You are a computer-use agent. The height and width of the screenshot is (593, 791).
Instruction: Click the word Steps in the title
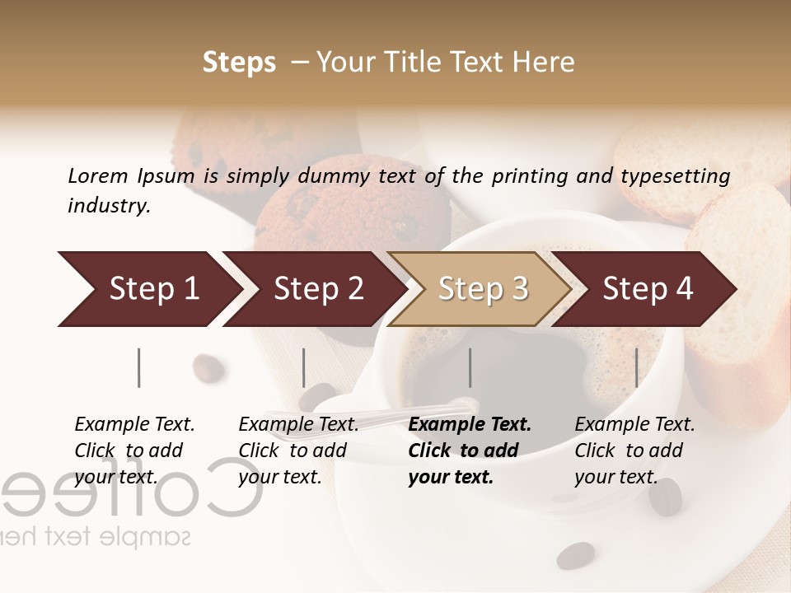pyautogui.click(x=239, y=63)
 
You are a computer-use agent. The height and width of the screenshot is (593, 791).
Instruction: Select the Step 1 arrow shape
pyautogui.click(x=148, y=289)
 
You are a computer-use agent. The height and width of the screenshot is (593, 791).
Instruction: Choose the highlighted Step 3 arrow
pyautogui.click(x=482, y=289)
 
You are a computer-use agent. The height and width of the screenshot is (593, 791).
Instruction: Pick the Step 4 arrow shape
pyautogui.click(x=647, y=289)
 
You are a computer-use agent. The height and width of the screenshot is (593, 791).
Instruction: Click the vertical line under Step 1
pyautogui.click(x=139, y=367)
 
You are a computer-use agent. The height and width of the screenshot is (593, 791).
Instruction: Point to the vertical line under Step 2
pyautogui.click(x=304, y=367)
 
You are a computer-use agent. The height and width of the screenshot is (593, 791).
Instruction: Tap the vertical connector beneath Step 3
pyautogui.click(x=470, y=367)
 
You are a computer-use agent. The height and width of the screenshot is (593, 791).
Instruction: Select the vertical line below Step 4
pyautogui.click(x=636, y=367)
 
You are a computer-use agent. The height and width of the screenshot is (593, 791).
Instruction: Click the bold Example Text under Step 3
pyautogui.click(x=470, y=425)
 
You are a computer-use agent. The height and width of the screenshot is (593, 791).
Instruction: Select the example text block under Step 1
pyautogui.click(x=133, y=451)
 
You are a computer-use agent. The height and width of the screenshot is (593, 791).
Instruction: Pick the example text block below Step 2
pyautogui.click(x=297, y=451)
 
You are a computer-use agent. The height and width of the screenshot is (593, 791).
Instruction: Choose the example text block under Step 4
pyautogui.click(x=634, y=451)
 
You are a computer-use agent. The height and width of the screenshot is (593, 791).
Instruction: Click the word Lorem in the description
pyautogui.click(x=97, y=175)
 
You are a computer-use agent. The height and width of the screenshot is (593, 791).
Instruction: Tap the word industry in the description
pyautogui.click(x=109, y=206)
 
